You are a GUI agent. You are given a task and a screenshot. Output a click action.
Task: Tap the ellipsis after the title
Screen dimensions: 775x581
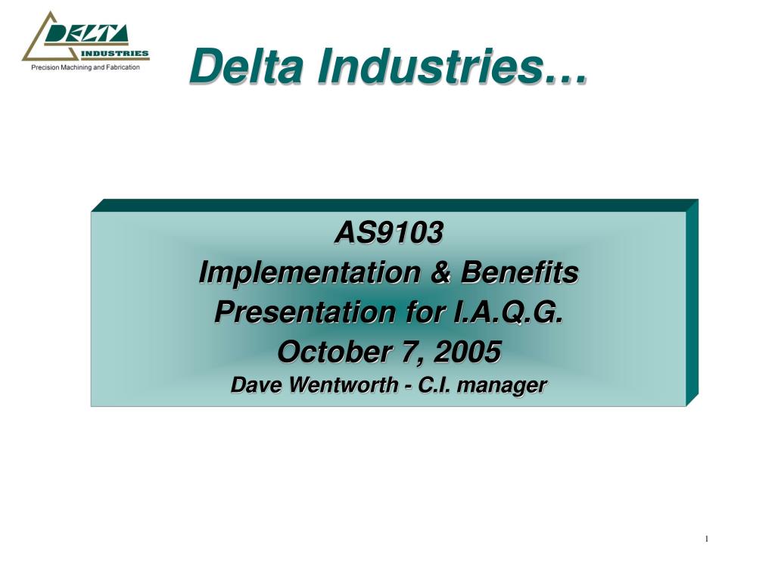click(565, 77)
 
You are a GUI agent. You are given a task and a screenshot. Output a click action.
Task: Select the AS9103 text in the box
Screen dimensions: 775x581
click(388, 232)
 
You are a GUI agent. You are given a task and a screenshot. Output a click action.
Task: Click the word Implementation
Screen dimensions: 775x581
click(309, 272)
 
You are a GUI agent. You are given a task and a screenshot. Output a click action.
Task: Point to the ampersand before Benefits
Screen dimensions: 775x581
click(440, 272)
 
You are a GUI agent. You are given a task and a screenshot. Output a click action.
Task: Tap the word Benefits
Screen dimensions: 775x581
click(519, 272)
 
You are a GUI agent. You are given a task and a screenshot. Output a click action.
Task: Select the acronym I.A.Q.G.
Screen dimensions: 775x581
click(508, 312)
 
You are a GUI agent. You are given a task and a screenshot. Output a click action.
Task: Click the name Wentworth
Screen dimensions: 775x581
click(344, 385)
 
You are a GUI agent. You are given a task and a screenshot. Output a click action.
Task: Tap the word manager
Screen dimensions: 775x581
click(502, 386)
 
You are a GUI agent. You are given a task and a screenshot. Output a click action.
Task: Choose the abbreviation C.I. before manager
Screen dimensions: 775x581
click(434, 385)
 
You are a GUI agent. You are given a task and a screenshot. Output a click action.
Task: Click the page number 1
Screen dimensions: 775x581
click(707, 539)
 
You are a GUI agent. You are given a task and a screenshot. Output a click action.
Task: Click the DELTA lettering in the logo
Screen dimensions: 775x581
click(86, 34)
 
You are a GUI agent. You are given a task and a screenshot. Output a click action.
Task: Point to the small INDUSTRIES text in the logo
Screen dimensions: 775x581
click(114, 54)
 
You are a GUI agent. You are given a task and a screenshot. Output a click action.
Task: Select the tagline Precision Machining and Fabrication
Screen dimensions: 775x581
click(86, 67)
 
